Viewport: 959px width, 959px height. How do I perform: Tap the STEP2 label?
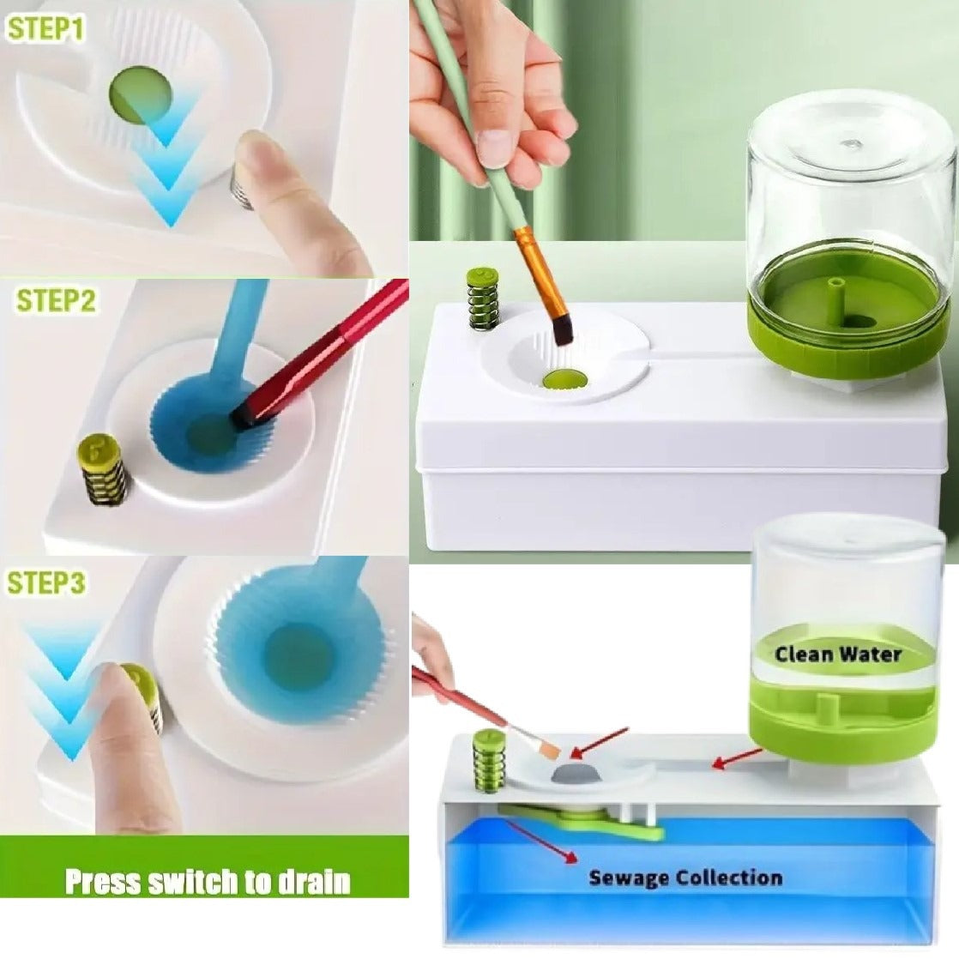pos(56,302)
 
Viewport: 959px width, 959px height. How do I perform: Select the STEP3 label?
pos(45,582)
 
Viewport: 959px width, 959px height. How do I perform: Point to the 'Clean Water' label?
pos(838,654)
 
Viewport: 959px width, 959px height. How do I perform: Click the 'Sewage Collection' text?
pos(685,878)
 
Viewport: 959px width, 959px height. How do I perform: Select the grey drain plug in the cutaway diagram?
pos(576,775)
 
